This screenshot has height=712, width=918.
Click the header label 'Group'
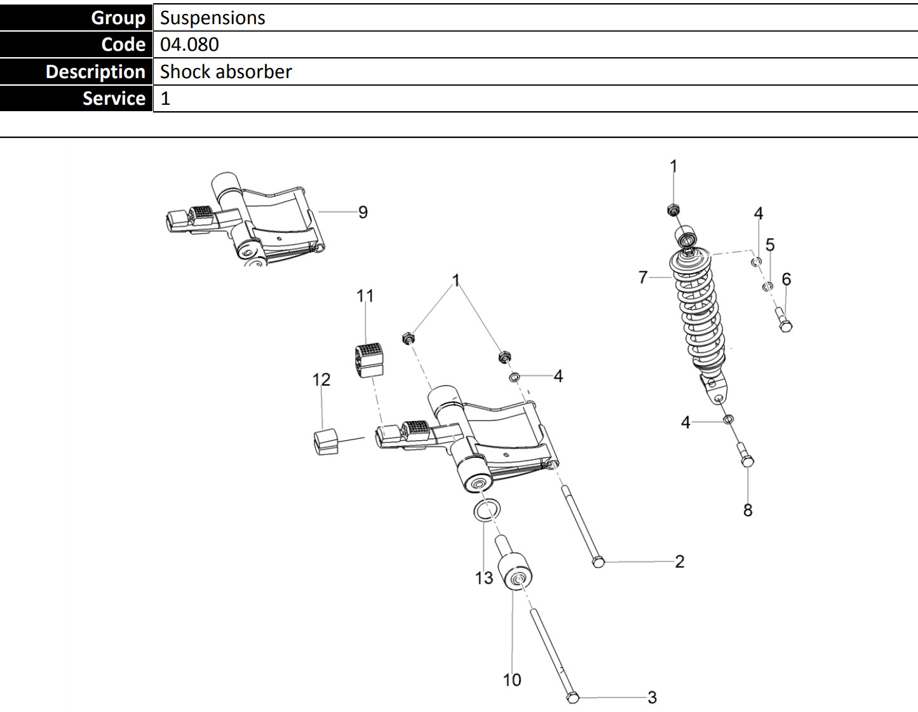coord(118,18)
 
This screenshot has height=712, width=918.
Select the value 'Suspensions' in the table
coord(212,18)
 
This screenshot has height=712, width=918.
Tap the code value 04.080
coord(189,44)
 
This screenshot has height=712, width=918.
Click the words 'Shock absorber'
coord(226,72)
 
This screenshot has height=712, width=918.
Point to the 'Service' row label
coord(114,98)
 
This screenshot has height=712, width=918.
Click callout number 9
coord(363,212)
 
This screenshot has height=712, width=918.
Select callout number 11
coord(365,296)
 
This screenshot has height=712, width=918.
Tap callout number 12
coord(321,380)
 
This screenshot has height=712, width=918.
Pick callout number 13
coord(484,577)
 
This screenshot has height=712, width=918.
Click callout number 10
coord(512,680)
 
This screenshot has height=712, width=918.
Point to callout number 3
coord(652,697)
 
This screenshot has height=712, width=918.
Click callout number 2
coord(680,561)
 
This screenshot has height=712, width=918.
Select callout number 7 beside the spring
coord(643,278)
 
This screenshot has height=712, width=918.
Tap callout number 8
coord(748,510)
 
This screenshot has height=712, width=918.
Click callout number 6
coord(786,279)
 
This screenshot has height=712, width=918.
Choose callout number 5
coord(770,245)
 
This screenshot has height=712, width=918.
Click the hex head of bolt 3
coord(572,698)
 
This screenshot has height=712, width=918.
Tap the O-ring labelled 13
coord(487,509)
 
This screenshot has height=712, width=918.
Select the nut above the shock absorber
coord(674,210)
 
